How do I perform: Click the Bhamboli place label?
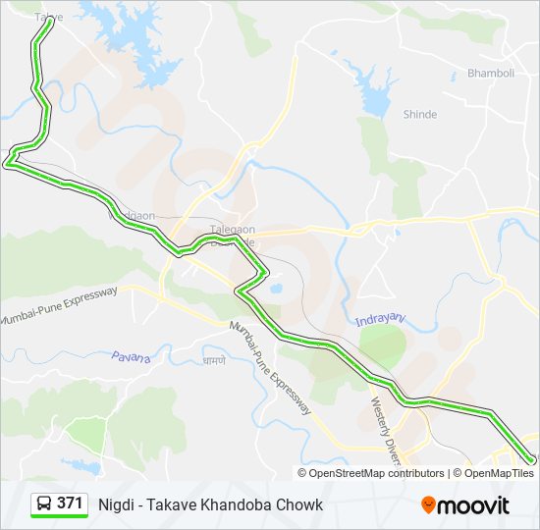click(491, 74)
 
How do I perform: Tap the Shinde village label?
click(419, 115)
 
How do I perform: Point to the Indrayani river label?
click(379, 320)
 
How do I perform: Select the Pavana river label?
click(131, 357)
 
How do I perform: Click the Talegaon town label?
click(232, 230)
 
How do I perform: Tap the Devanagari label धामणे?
click(213, 361)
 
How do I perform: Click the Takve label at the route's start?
click(48, 18)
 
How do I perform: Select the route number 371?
click(70, 503)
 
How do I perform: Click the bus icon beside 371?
click(44, 504)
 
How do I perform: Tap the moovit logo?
click(465, 505)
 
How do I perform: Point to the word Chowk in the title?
click(302, 504)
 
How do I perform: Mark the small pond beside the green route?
click(277, 290)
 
